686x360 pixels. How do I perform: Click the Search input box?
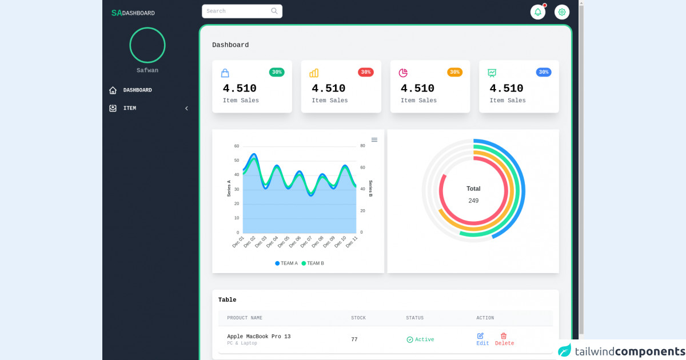click(237, 11)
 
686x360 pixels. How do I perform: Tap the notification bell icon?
click(537, 12)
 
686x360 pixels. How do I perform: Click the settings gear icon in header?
click(562, 12)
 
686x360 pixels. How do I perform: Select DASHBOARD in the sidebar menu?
click(137, 90)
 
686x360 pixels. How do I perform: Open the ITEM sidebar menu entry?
click(130, 108)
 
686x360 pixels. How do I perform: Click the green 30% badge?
click(277, 73)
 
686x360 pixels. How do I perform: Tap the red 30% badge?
click(365, 73)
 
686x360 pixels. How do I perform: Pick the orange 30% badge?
click(454, 73)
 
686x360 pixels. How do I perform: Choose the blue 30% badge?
click(544, 73)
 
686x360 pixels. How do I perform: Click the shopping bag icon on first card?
click(225, 73)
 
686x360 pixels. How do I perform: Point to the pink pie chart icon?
click(403, 73)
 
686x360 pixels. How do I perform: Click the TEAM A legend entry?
click(286, 263)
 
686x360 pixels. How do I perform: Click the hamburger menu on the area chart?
click(374, 140)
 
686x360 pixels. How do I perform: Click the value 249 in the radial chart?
click(473, 201)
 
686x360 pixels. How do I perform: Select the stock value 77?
click(354, 339)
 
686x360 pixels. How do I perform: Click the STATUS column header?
click(414, 318)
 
